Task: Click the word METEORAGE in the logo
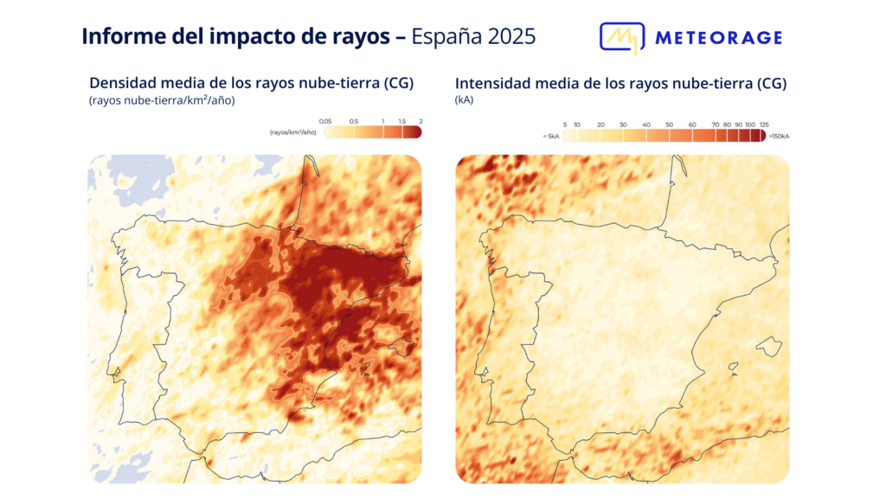click(718, 38)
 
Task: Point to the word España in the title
click(440, 36)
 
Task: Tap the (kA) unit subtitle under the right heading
click(464, 100)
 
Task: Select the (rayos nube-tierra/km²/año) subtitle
click(162, 100)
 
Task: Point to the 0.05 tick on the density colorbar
click(325, 121)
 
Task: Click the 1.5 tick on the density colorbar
click(402, 121)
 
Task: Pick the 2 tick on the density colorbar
click(420, 121)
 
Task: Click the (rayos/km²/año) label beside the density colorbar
click(292, 132)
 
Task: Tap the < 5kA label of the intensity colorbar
click(550, 136)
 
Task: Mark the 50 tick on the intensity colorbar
click(669, 125)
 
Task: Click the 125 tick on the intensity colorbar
click(763, 125)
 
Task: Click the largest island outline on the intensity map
click(768, 347)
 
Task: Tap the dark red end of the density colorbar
click(414, 132)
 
